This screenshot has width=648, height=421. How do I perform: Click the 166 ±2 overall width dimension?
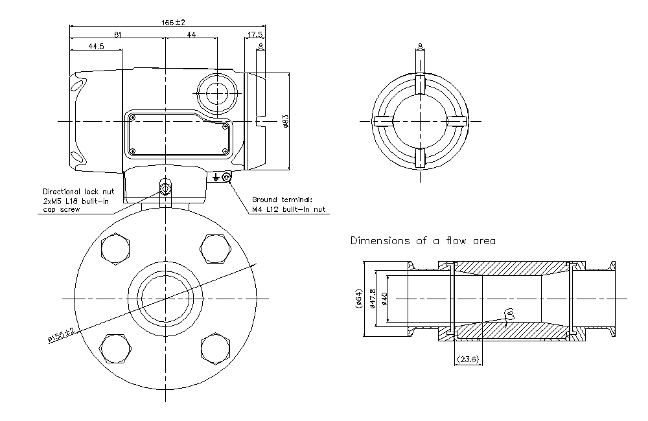point(168,22)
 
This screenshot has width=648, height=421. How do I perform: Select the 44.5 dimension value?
point(96,46)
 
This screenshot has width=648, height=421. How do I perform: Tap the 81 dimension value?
point(117,34)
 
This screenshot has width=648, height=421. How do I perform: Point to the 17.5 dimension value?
point(255,34)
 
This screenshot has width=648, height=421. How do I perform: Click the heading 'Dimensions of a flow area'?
point(422,241)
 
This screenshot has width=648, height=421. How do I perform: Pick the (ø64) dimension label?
point(358,299)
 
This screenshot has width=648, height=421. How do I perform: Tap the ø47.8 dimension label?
point(373,299)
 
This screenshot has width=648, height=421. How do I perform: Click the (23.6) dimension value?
point(467,359)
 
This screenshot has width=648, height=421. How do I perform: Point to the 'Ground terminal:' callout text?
point(281,199)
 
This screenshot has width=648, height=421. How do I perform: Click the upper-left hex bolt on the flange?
point(117,247)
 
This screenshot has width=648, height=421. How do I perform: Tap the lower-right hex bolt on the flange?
point(215,348)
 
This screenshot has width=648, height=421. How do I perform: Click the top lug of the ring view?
point(420,84)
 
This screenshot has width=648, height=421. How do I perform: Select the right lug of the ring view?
point(456,121)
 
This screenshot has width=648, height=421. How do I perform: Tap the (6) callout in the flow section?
point(510,313)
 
